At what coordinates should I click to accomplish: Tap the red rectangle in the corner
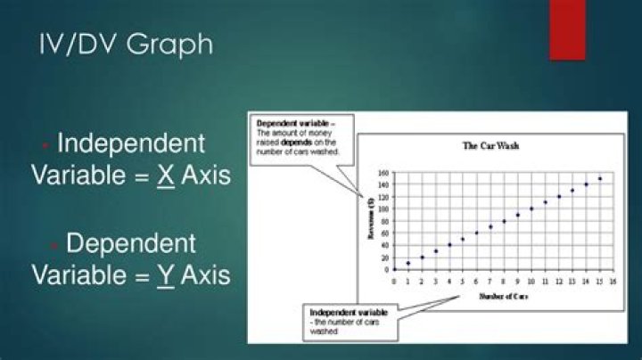tap(567, 29)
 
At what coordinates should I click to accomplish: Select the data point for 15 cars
tap(600, 178)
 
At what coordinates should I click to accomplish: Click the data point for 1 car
tap(407, 263)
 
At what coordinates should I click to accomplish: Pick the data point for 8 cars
tap(504, 220)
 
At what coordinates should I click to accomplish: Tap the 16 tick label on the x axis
tap(613, 281)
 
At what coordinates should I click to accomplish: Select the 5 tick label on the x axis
tap(462, 281)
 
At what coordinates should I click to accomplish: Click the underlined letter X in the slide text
tap(165, 175)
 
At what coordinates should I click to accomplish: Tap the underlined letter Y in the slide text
tap(165, 274)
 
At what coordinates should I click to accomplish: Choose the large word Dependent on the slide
tap(131, 242)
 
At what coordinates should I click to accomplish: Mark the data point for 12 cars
tap(559, 196)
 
